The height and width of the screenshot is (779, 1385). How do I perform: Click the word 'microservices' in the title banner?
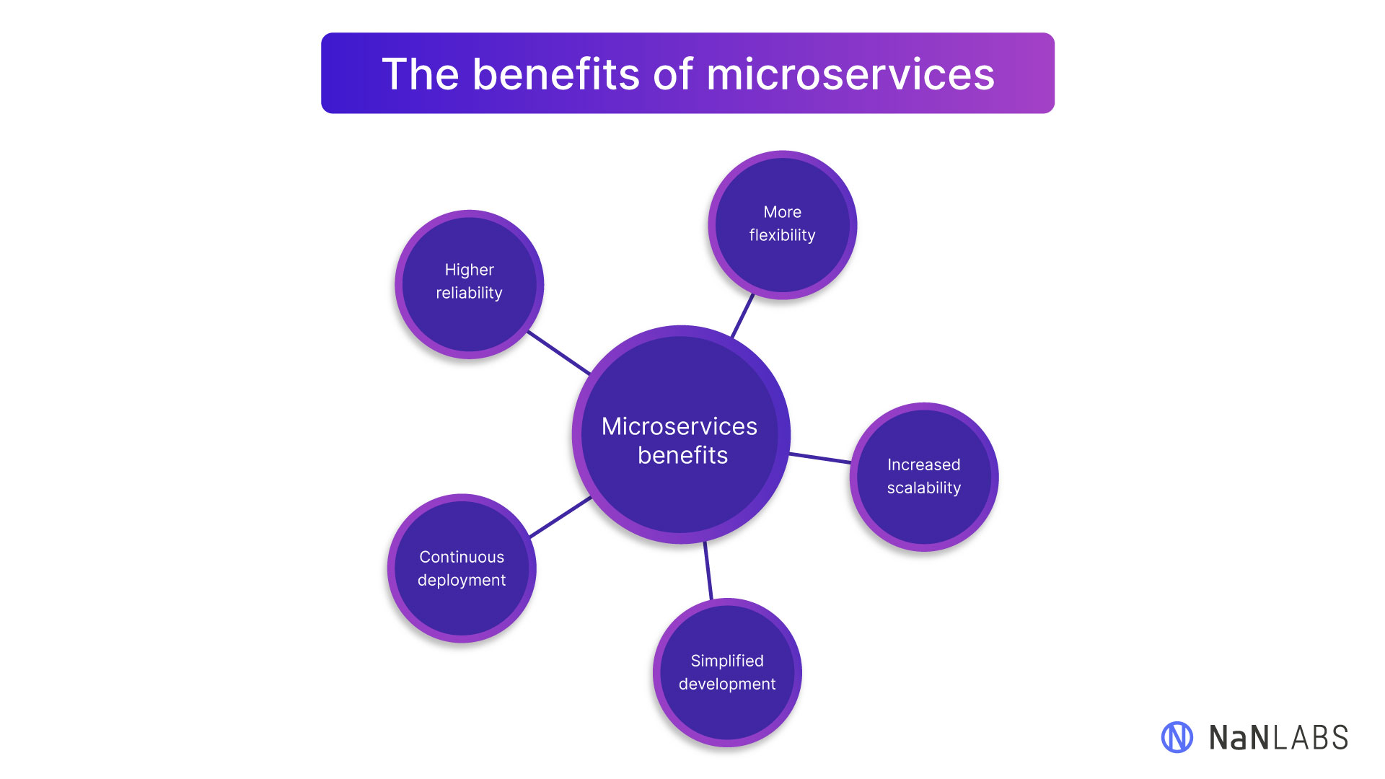850,74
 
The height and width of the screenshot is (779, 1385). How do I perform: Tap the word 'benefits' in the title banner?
555,74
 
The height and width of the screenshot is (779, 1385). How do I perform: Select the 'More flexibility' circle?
783,224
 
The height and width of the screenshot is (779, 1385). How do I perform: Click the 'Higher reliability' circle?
469,283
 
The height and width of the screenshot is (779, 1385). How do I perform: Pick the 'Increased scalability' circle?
924,477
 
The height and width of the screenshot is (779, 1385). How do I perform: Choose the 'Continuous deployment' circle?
462,568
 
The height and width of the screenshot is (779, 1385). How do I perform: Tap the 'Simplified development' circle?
727,672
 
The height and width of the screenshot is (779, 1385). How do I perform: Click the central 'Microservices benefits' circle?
681,434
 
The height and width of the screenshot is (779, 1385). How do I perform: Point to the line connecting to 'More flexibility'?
743,315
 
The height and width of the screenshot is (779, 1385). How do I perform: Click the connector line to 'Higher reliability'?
559,353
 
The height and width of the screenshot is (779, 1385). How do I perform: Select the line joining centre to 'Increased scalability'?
821,458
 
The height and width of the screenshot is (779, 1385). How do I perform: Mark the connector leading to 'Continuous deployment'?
560,517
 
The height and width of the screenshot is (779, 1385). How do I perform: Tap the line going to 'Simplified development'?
708,571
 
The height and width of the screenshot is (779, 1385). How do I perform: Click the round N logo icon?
1177,737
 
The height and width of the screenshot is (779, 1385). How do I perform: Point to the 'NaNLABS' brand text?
1278,738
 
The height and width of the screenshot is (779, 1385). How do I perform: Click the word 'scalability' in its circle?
924,488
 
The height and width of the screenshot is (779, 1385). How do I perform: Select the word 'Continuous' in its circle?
462,557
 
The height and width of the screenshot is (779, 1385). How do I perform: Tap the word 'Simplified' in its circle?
727,661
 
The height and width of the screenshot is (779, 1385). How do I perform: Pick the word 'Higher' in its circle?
469,270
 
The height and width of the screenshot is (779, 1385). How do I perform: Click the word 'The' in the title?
420,74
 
